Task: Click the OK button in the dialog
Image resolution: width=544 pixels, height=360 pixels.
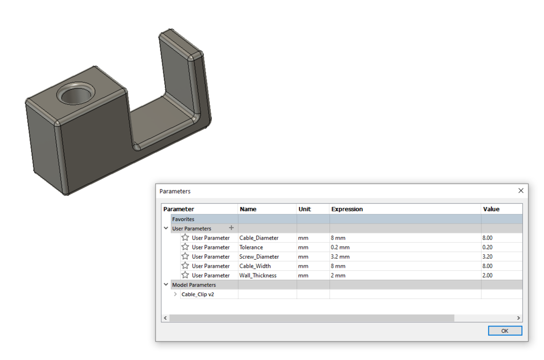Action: pyautogui.click(x=505, y=331)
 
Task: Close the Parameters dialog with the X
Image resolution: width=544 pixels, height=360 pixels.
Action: pyautogui.click(x=521, y=191)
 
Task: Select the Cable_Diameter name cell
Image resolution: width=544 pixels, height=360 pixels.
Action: pyautogui.click(x=259, y=238)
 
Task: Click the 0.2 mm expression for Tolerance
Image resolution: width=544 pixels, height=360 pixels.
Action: pyautogui.click(x=340, y=247)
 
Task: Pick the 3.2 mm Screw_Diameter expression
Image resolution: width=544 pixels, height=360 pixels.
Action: pyautogui.click(x=340, y=257)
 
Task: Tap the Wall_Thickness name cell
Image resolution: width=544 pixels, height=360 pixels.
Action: pyautogui.click(x=258, y=276)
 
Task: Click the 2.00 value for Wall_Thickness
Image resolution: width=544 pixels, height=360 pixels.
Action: pyautogui.click(x=487, y=276)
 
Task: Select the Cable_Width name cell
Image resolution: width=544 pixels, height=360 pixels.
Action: pyautogui.click(x=255, y=266)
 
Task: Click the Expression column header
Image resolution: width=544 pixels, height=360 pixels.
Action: pyautogui.click(x=347, y=209)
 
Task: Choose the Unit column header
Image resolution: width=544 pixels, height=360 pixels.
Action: pyautogui.click(x=304, y=209)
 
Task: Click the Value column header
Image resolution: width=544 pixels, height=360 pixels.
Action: pyautogui.click(x=491, y=209)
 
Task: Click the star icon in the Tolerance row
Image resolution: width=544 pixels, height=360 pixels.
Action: pyautogui.click(x=185, y=247)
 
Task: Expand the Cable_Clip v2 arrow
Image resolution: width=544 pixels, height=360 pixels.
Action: pyautogui.click(x=175, y=294)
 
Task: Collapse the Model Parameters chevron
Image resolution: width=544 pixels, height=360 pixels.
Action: pyautogui.click(x=166, y=285)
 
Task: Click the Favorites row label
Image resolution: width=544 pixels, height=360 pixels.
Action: pyautogui.click(x=183, y=219)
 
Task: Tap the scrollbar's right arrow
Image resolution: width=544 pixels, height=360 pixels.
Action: pyautogui.click(x=518, y=318)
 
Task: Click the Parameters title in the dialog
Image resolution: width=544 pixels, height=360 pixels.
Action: pyautogui.click(x=175, y=191)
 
